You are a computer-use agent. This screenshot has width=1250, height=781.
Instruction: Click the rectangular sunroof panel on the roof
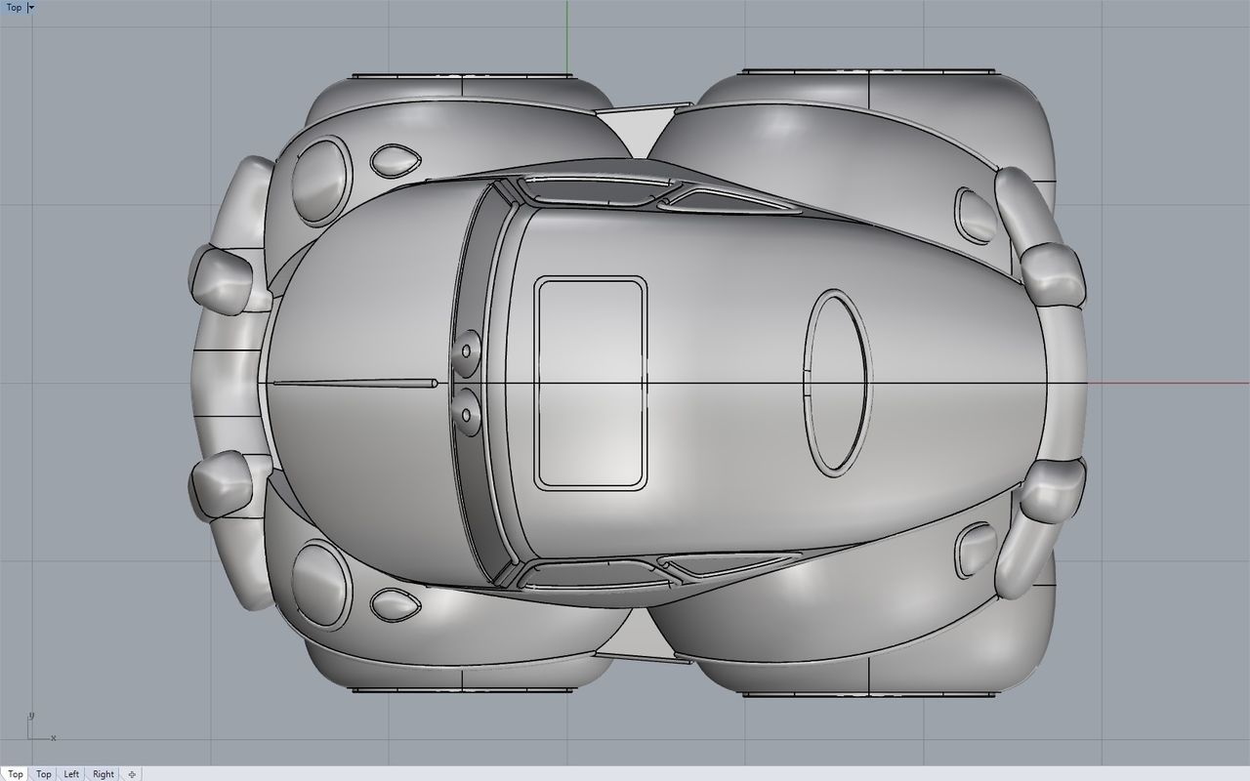point(590,383)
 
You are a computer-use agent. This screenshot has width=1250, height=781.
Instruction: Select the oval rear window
point(838,382)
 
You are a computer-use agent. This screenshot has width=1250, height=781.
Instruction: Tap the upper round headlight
point(321,177)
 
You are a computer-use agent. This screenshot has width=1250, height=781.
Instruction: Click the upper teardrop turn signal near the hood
point(395,160)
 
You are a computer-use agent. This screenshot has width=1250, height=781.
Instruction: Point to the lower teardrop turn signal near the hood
point(395,605)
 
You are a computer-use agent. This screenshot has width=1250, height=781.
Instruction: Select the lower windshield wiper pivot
point(467,415)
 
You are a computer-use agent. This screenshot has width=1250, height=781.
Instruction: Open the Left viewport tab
point(71,774)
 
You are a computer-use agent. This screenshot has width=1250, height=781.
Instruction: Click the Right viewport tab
point(104,774)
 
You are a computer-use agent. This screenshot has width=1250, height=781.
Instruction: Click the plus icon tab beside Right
point(132,774)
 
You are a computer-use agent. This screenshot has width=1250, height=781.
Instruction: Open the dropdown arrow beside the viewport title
point(31,7)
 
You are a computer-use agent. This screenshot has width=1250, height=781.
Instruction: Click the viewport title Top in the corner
point(14,7)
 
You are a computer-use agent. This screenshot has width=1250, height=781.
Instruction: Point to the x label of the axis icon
point(53,738)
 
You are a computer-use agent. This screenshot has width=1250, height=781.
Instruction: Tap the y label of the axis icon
point(31,716)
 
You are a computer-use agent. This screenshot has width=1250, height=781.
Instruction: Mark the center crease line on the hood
point(352,383)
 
